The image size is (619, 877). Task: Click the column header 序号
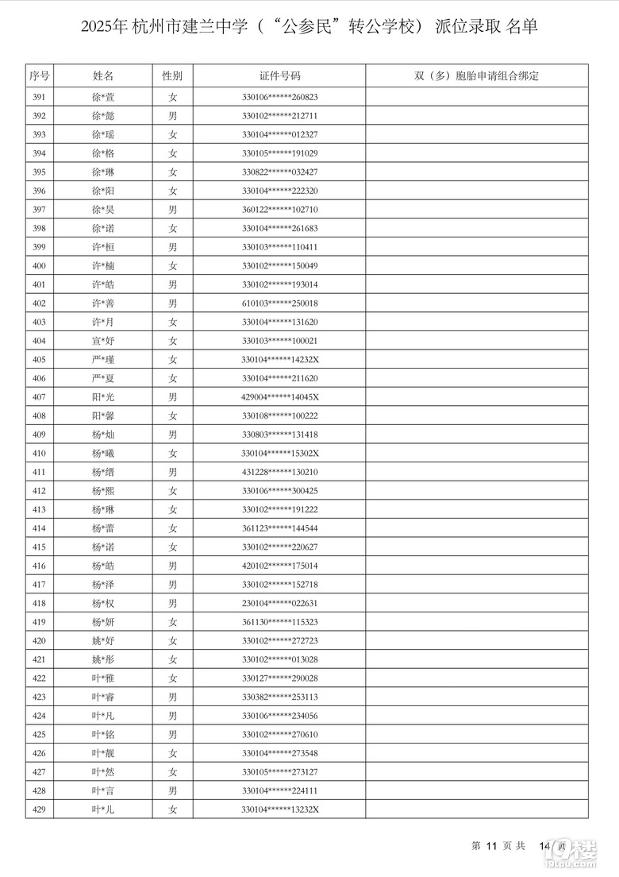pyautogui.click(x=40, y=76)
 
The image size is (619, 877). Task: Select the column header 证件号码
pyautogui.click(x=279, y=76)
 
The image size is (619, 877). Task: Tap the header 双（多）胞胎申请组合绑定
pyautogui.click(x=476, y=76)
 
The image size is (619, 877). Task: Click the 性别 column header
pyautogui.click(x=172, y=76)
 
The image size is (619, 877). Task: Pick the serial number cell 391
pyautogui.click(x=40, y=97)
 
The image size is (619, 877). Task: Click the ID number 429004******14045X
pyautogui.click(x=279, y=396)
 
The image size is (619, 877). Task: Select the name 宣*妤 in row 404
pyautogui.click(x=103, y=341)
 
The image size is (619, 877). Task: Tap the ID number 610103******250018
pyautogui.click(x=279, y=303)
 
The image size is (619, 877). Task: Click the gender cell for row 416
pyautogui.click(x=172, y=566)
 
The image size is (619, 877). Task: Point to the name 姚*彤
pyautogui.click(x=103, y=659)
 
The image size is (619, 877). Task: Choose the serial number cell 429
pyautogui.click(x=40, y=809)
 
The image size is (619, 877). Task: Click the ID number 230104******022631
pyautogui.click(x=279, y=603)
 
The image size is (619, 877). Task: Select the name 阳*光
pyautogui.click(x=103, y=396)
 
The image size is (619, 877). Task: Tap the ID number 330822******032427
pyautogui.click(x=279, y=172)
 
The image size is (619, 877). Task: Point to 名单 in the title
pyautogui.click(x=521, y=27)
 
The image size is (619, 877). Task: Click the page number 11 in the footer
pyautogui.click(x=490, y=846)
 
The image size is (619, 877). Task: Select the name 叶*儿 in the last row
pyautogui.click(x=103, y=809)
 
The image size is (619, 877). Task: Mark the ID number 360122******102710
pyautogui.click(x=279, y=210)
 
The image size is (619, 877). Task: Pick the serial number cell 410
pyautogui.click(x=40, y=453)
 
